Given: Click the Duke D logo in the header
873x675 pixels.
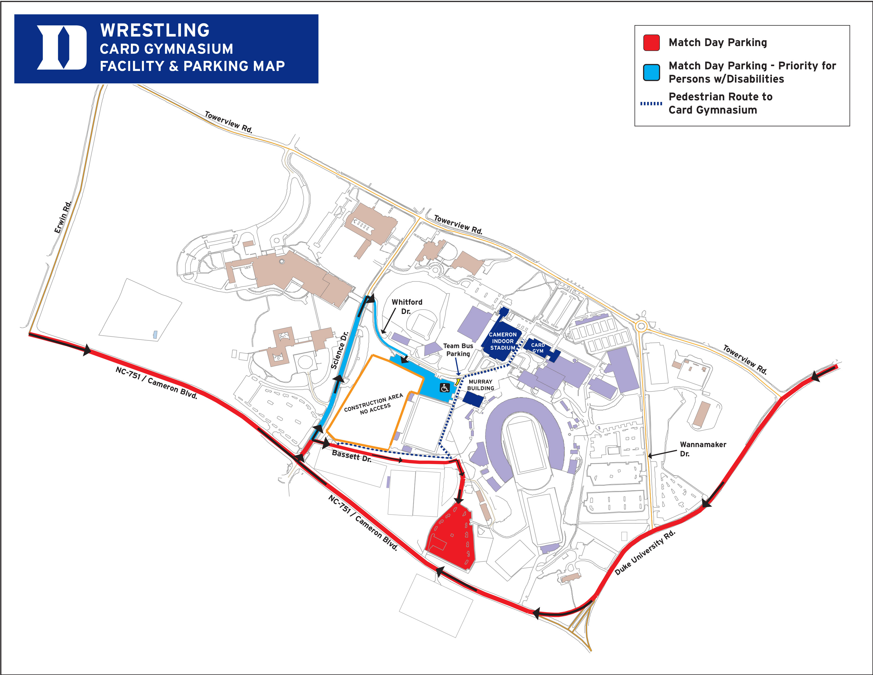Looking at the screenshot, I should (x=62, y=48).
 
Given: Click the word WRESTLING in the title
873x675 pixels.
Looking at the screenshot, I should (x=155, y=30).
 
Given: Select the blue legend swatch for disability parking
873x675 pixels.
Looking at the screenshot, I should (x=651, y=72).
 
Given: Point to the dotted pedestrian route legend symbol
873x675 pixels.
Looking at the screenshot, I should (x=651, y=103).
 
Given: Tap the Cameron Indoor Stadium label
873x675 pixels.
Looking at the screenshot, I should (x=502, y=341).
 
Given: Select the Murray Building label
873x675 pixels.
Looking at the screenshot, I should (x=480, y=385).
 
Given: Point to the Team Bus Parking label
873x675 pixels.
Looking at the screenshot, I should (x=458, y=349).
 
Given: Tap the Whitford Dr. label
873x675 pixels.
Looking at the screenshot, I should (x=407, y=306).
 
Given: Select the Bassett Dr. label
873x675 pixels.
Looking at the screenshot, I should (x=351, y=456).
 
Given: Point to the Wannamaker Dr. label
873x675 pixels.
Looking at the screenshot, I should (x=703, y=449).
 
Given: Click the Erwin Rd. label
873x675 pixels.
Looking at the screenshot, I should (x=63, y=217).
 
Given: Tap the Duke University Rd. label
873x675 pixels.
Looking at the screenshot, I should (x=645, y=553).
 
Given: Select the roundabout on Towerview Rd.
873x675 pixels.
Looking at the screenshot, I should (x=641, y=326).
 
